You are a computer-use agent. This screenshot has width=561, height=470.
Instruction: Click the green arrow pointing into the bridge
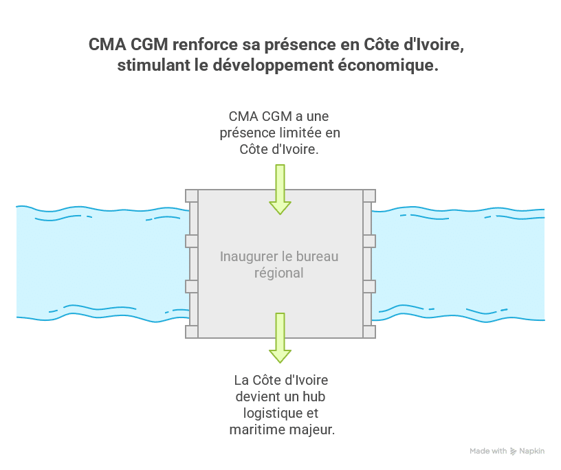[280, 190]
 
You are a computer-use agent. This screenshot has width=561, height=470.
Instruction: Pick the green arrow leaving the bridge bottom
[280, 337]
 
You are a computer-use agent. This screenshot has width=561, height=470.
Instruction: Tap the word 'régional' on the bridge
[280, 273]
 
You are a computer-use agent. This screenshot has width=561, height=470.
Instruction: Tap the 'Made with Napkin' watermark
[507, 451]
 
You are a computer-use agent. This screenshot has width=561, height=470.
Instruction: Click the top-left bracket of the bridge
[192, 196]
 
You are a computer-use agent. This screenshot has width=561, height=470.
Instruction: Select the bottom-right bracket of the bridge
[369, 332]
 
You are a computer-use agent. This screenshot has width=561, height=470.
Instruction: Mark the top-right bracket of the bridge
[369, 196]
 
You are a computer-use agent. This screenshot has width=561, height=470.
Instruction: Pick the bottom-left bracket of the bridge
[192, 332]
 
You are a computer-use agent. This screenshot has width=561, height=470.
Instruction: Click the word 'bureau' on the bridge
[318, 257]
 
